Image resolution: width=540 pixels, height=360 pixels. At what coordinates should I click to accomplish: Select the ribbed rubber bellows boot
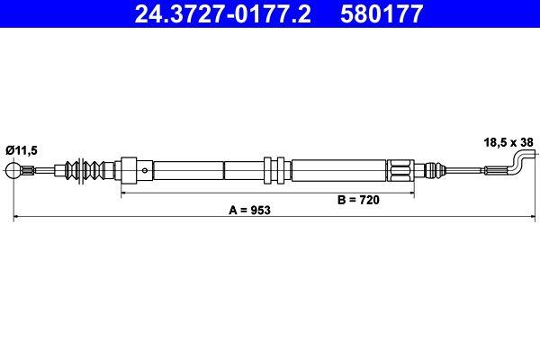pyautogui.click(x=88, y=168)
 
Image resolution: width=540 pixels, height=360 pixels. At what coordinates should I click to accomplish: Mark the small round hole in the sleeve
pyautogui.click(x=143, y=168)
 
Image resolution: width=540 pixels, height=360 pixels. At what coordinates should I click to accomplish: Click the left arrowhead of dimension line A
pyautogui.click(x=14, y=217)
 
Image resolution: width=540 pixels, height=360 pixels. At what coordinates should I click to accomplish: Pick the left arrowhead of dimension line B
pyautogui.click(x=124, y=192)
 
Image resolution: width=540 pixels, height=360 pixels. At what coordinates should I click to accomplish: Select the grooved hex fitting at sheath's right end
pyautogui.click(x=400, y=168)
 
